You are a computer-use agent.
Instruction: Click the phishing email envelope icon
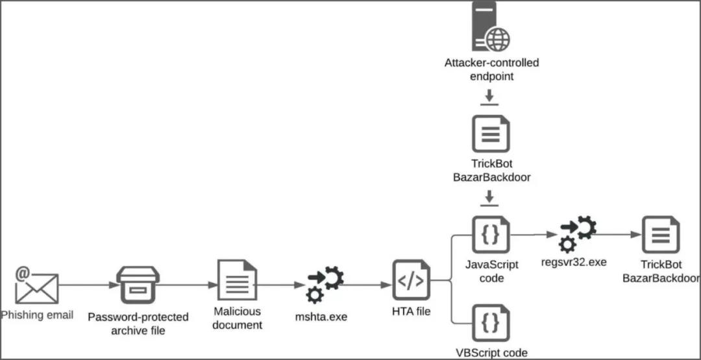click(37, 286)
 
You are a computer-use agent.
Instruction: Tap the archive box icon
click(138, 285)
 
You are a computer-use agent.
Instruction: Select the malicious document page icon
click(237, 280)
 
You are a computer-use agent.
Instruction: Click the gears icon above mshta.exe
click(325, 284)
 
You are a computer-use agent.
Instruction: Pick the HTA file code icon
click(411, 280)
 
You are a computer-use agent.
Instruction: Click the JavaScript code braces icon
click(491, 235)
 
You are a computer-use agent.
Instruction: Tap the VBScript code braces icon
click(491, 323)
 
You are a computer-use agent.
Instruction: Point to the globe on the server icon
click(498, 39)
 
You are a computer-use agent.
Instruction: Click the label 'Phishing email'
click(37, 315)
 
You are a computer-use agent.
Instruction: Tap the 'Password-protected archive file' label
click(138, 324)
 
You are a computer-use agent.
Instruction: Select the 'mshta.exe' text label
click(321, 317)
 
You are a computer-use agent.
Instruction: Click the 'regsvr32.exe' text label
click(574, 262)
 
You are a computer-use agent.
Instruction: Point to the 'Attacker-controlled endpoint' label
click(491, 69)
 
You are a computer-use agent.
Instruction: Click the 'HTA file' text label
click(411, 311)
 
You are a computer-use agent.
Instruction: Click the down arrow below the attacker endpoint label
click(491, 98)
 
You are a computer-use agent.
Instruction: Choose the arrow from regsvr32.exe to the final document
click(617, 235)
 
